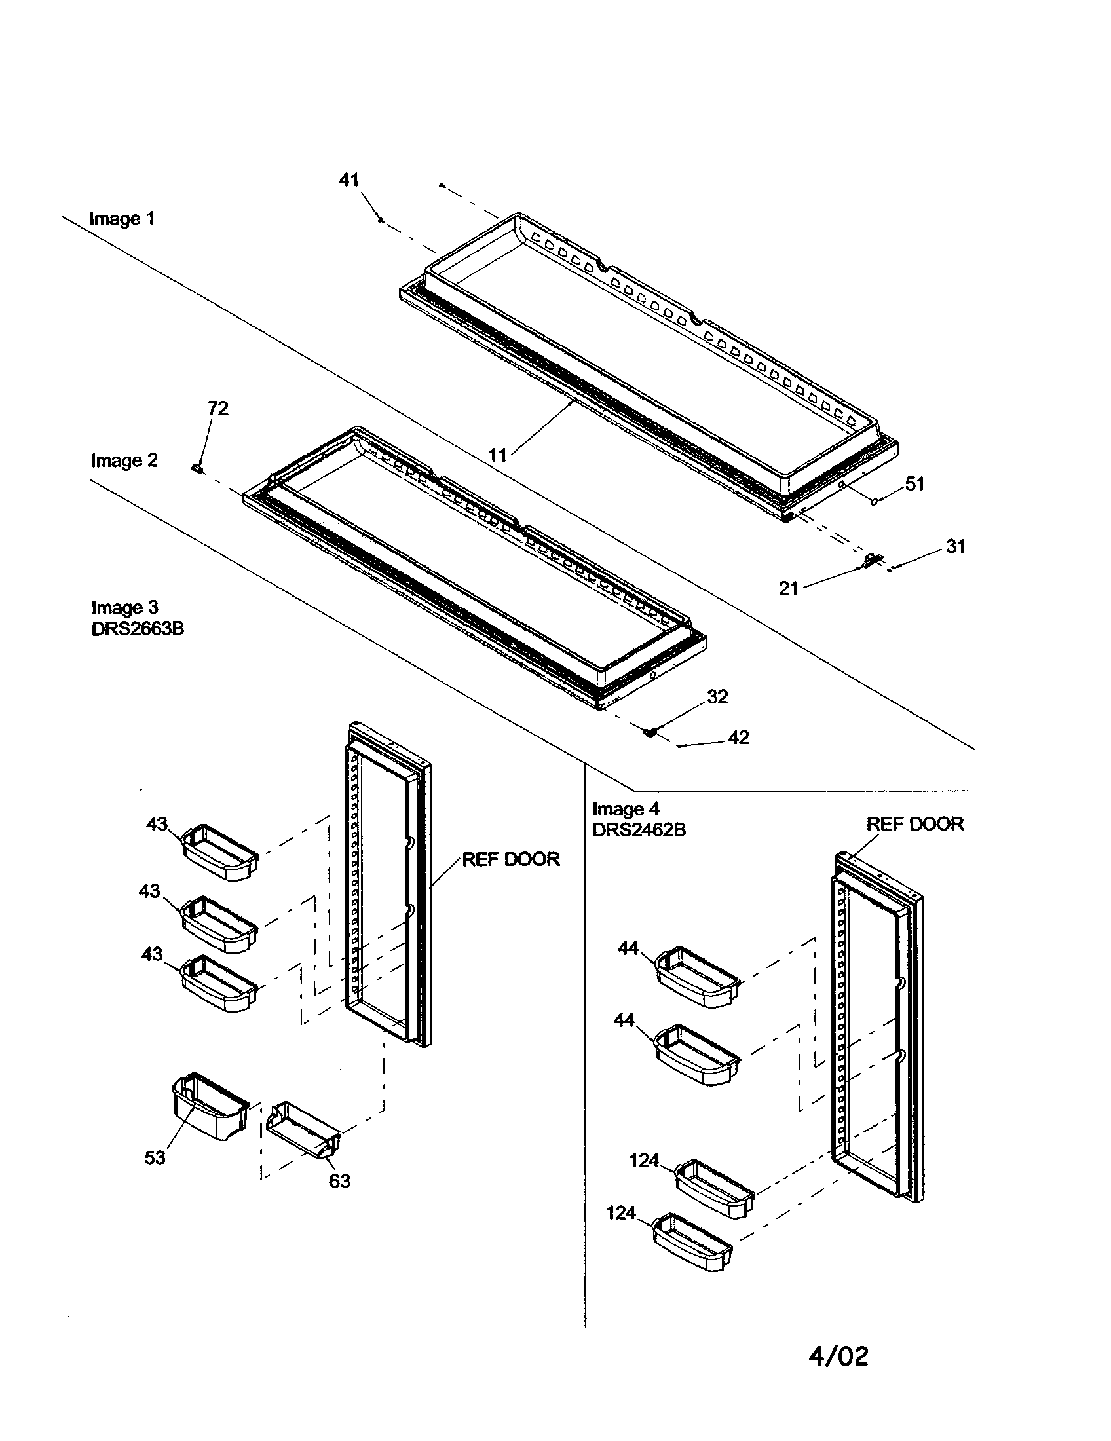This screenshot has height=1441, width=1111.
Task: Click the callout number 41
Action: coord(348,179)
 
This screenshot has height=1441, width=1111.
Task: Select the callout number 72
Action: coord(217,409)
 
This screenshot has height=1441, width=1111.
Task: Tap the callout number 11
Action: coord(498,455)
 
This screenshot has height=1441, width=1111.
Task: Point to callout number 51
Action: coord(914,483)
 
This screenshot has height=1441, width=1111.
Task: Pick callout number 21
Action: coord(789,588)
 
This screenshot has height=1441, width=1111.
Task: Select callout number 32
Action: coord(718,696)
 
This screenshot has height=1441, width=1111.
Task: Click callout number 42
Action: coord(738,737)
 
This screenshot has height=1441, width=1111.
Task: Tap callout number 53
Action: coord(155,1157)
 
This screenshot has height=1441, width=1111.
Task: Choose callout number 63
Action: coord(339,1181)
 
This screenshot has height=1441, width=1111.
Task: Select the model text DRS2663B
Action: coord(137,629)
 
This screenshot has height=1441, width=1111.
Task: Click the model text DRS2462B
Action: coord(639,829)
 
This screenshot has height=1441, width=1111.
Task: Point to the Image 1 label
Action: coord(122,218)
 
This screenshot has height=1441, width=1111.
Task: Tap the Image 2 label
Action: coord(124,460)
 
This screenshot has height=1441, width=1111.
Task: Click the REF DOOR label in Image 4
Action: coord(914,823)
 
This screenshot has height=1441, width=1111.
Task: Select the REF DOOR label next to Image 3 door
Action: coord(511,859)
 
